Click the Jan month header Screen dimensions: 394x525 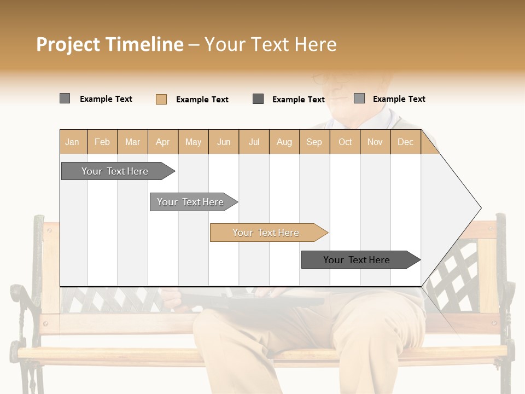(73, 142)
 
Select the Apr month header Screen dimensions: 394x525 (163, 142)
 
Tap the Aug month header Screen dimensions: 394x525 (284, 142)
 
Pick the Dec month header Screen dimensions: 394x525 (406, 142)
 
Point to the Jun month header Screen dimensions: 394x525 (224, 142)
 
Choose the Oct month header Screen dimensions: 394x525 (345, 142)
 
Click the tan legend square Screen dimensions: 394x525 (161, 99)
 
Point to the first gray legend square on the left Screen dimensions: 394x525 (65, 99)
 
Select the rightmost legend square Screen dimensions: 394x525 (359, 99)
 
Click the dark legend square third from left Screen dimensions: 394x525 (258, 99)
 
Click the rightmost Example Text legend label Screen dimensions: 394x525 (399, 99)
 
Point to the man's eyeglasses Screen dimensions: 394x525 (331, 79)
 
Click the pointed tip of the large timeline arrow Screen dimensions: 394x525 (480, 208)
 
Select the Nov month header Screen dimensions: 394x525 (375, 142)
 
